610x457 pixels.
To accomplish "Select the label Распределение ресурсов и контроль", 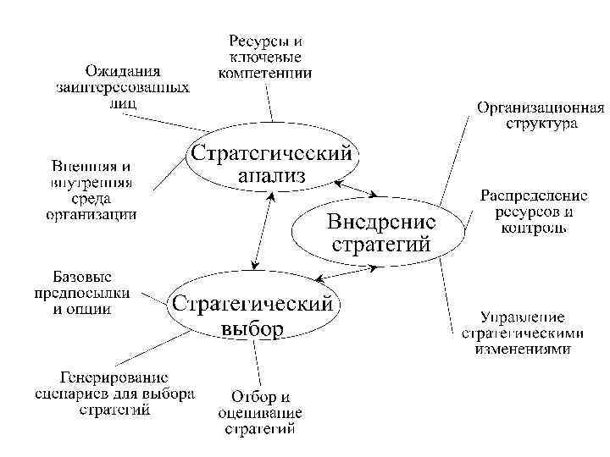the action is tap(533, 212).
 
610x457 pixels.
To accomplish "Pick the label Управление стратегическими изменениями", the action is tap(523, 333).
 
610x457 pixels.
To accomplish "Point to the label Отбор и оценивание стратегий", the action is tap(260, 412).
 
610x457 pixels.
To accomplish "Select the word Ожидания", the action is tap(124, 69).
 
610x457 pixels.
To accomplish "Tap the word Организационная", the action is tap(541, 107).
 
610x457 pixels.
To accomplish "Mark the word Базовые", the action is tap(82, 277).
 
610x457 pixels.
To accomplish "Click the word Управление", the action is tap(523, 317).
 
